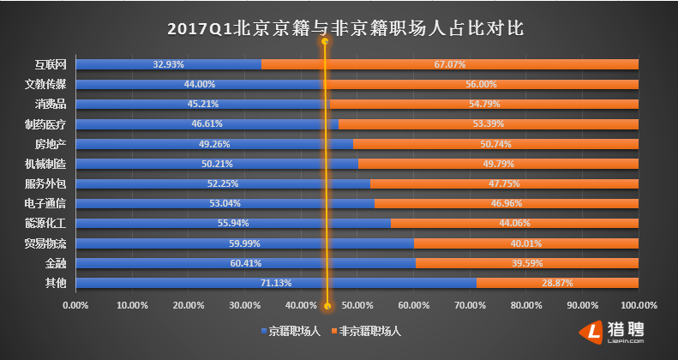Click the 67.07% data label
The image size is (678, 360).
tap(449, 64)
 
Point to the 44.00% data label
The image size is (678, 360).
tap(199, 84)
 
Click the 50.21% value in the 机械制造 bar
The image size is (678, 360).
tap(216, 164)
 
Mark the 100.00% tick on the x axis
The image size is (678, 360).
tap(638, 305)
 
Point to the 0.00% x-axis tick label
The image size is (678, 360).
tap(76, 305)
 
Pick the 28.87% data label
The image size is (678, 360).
tap(557, 283)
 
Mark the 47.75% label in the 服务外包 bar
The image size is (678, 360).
tap(504, 183)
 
